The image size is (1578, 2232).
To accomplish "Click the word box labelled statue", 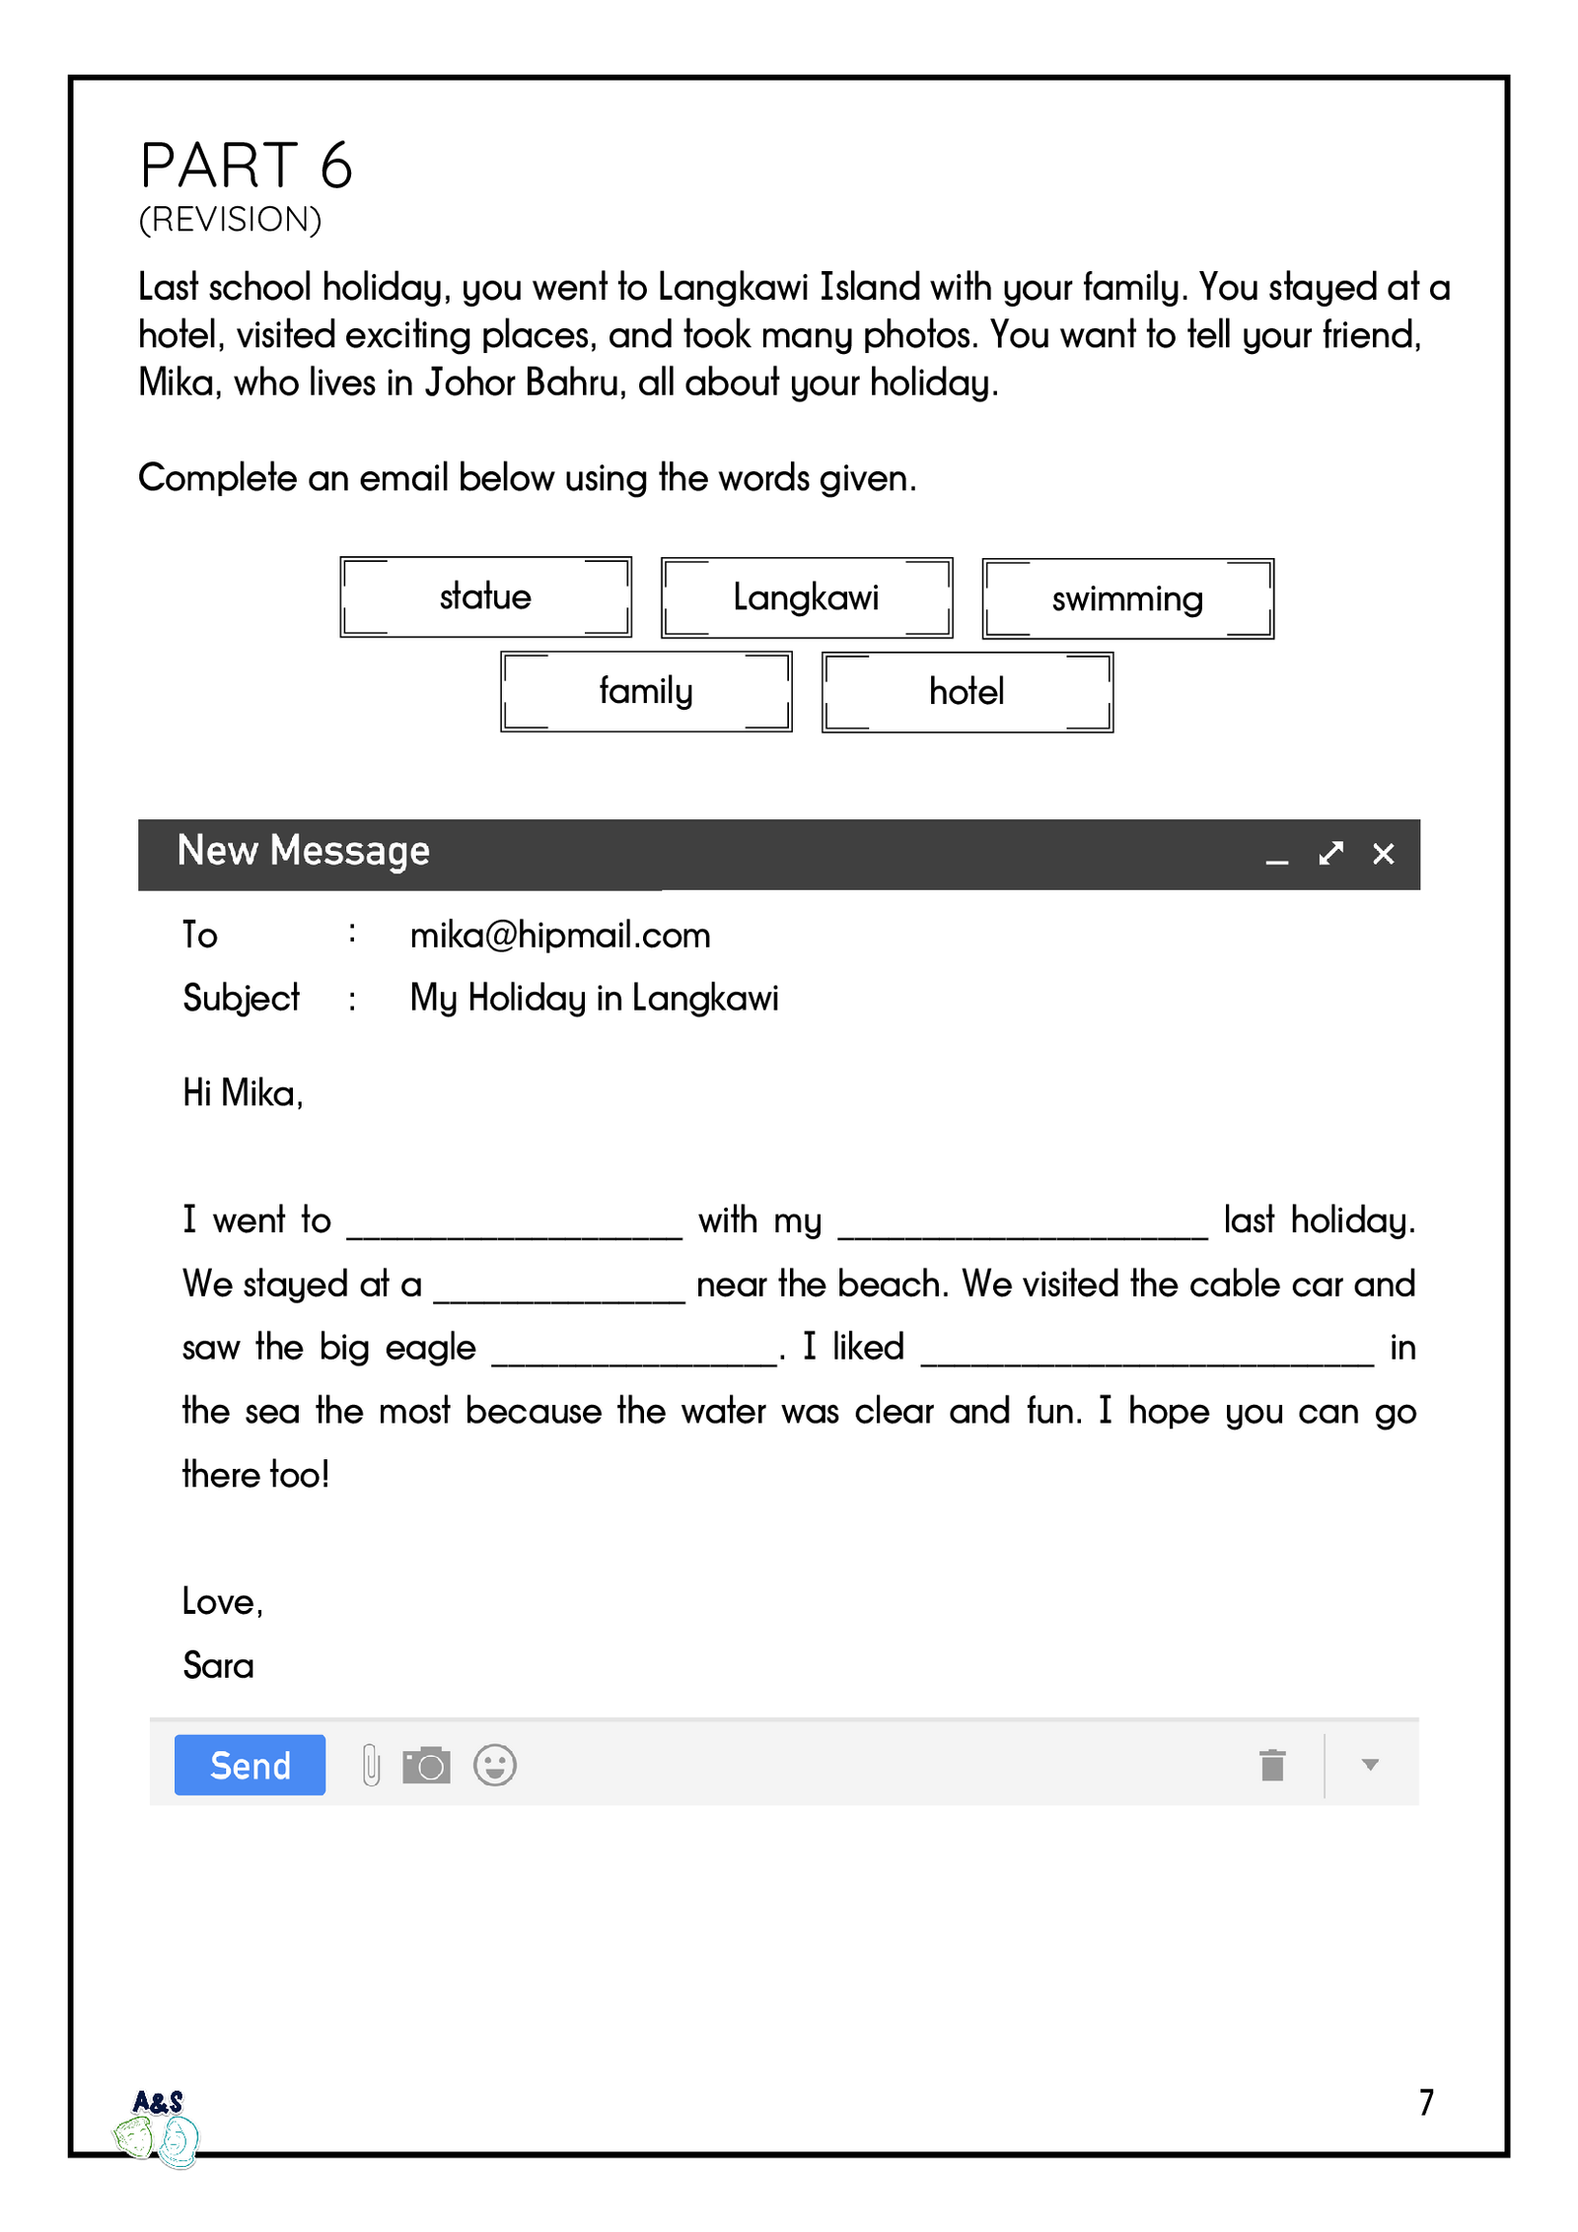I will [x=485, y=596].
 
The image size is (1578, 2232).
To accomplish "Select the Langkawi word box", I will [x=806, y=597].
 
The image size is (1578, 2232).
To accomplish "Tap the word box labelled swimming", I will [x=1127, y=598].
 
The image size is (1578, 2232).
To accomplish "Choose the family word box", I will [x=646, y=691].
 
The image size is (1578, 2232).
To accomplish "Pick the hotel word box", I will [x=967, y=692].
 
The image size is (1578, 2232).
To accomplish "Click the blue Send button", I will [x=250, y=1765].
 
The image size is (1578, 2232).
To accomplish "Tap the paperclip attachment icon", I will [x=371, y=1765].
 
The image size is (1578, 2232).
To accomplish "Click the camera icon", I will [x=426, y=1765].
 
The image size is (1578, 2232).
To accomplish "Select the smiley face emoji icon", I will [x=494, y=1765].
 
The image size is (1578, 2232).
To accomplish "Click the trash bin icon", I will [x=1272, y=1765].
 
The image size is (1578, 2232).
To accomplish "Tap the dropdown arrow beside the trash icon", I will [x=1370, y=1765].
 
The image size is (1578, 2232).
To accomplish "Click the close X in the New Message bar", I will [x=1383, y=854].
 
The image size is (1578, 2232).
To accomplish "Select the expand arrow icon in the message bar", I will [x=1330, y=854].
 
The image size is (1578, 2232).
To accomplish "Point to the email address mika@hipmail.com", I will [x=559, y=935].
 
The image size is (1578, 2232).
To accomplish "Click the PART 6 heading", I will [x=246, y=165].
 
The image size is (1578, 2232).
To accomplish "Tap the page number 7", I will [x=1426, y=2102].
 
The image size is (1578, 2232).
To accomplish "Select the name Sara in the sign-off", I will [x=218, y=1665].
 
